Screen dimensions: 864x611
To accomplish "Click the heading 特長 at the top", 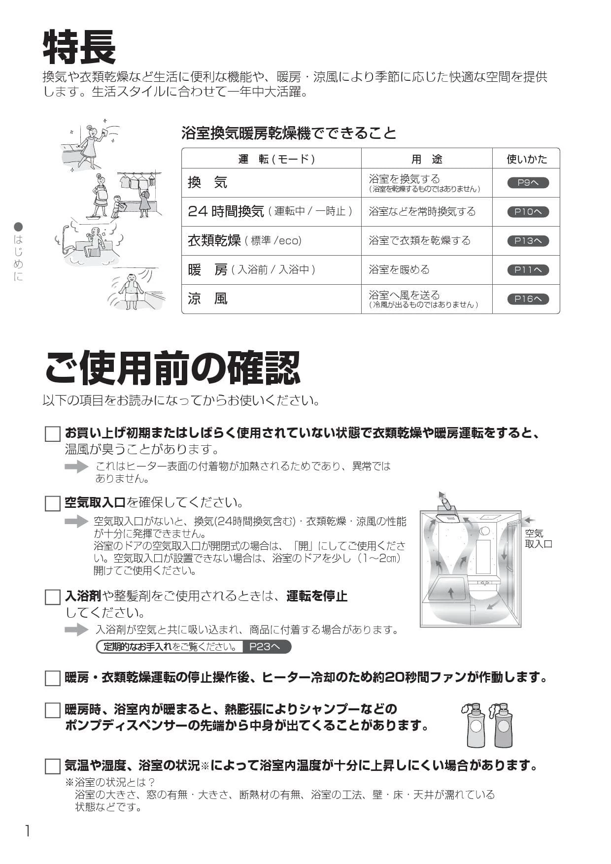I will click(x=79, y=48).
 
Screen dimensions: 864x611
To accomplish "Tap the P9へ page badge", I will click(x=528, y=183).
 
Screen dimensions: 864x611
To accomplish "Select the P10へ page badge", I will click(x=528, y=212).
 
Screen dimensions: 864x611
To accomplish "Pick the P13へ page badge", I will click(x=528, y=241).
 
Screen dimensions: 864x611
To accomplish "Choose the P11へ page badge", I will click(x=528, y=270).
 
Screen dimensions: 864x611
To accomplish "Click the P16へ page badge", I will click(x=528, y=299).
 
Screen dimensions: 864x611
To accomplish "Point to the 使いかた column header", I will click(x=526, y=159).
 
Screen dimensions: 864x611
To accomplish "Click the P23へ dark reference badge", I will click(x=266, y=647).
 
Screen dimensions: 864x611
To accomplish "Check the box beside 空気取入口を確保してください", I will click(x=53, y=503).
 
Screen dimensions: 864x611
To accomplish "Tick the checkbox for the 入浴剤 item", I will click(x=53, y=597).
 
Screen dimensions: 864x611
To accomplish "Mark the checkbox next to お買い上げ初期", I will click(x=53, y=434).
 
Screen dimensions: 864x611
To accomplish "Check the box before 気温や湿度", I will click(x=53, y=766).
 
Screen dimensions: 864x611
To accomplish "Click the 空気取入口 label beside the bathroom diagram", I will click(x=538, y=538).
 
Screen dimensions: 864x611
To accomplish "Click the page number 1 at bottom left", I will click(x=28, y=831).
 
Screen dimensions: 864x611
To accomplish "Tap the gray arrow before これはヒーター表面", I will click(x=76, y=466).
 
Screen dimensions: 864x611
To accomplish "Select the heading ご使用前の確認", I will click(x=172, y=368).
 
